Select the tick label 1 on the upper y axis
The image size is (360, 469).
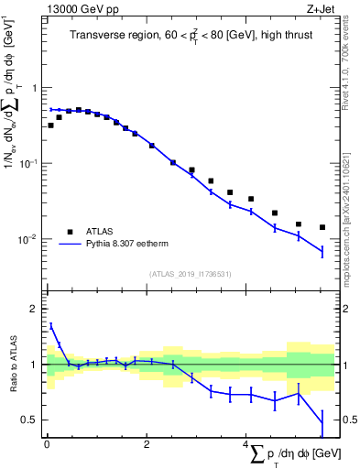point(36,88)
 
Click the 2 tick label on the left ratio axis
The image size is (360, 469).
point(36,309)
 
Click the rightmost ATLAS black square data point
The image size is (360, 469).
point(322,227)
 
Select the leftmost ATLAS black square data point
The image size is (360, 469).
point(50,125)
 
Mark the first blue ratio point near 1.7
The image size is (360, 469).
point(50,325)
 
